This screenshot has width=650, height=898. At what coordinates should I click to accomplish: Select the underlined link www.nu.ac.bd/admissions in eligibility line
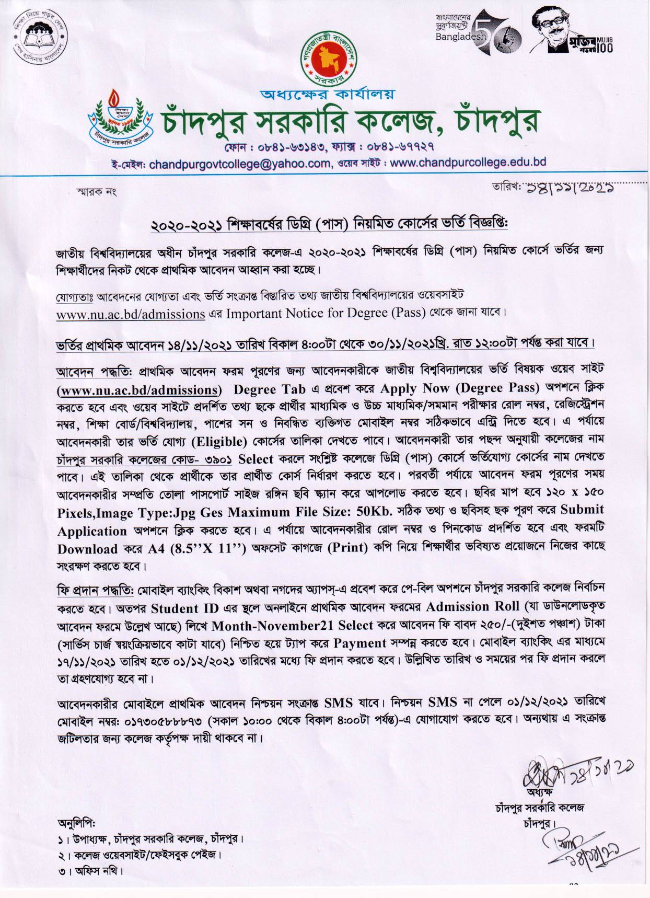tap(130, 314)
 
